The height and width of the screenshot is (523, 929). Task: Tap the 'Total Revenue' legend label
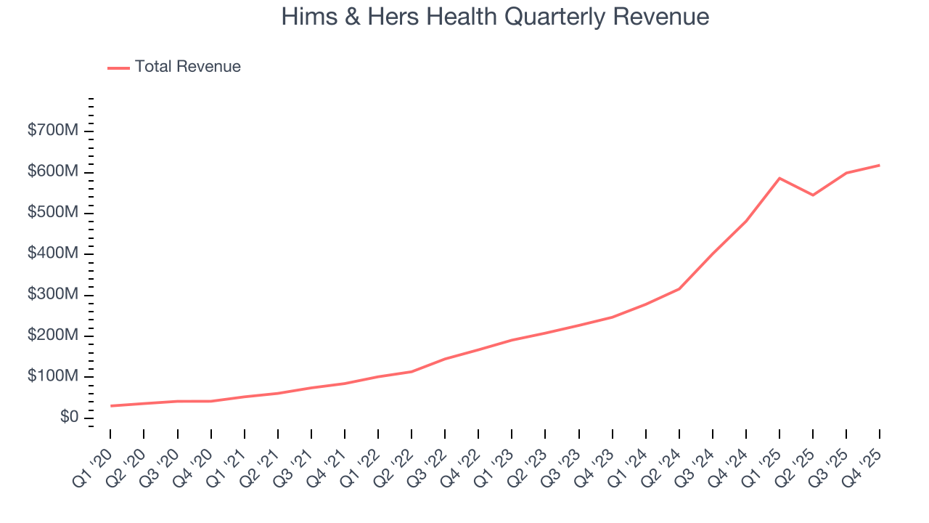(x=187, y=67)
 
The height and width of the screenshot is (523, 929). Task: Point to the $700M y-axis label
(x=52, y=131)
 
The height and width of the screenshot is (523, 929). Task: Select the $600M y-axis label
(x=52, y=171)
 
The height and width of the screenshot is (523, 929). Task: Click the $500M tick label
(x=52, y=213)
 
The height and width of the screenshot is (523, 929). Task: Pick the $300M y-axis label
(x=52, y=295)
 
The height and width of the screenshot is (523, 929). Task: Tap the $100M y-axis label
(x=52, y=376)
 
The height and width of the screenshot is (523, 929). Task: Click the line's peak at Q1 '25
(x=779, y=178)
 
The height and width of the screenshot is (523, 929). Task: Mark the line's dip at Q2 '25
(x=813, y=195)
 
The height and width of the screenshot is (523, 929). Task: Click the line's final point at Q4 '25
(x=880, y=166)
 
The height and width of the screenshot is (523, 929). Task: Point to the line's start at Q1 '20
(x=110, y=406)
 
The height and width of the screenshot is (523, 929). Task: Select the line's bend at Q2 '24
(x=679, y=289)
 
